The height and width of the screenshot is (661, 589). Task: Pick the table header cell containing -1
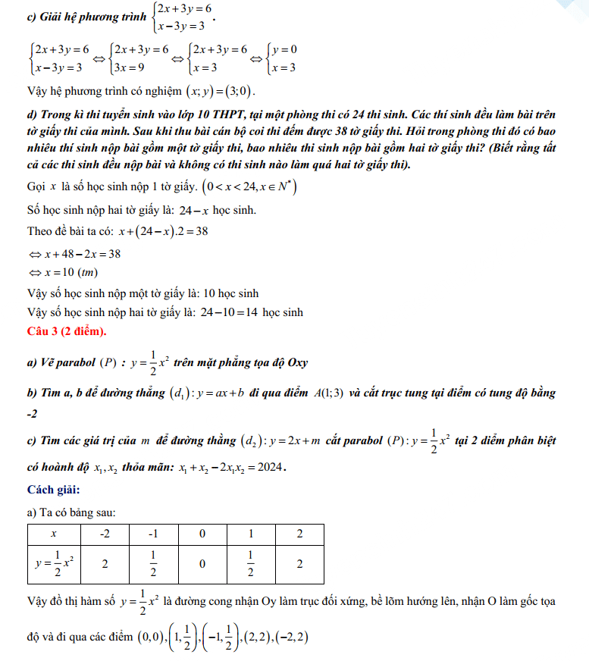click(153, 534)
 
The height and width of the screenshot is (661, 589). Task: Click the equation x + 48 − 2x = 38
click(81, 253)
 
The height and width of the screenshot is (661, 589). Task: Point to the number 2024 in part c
click(267, 467)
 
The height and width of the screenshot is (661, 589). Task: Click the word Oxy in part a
click(297, 362)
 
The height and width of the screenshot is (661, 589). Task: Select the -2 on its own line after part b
click(33, 414)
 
